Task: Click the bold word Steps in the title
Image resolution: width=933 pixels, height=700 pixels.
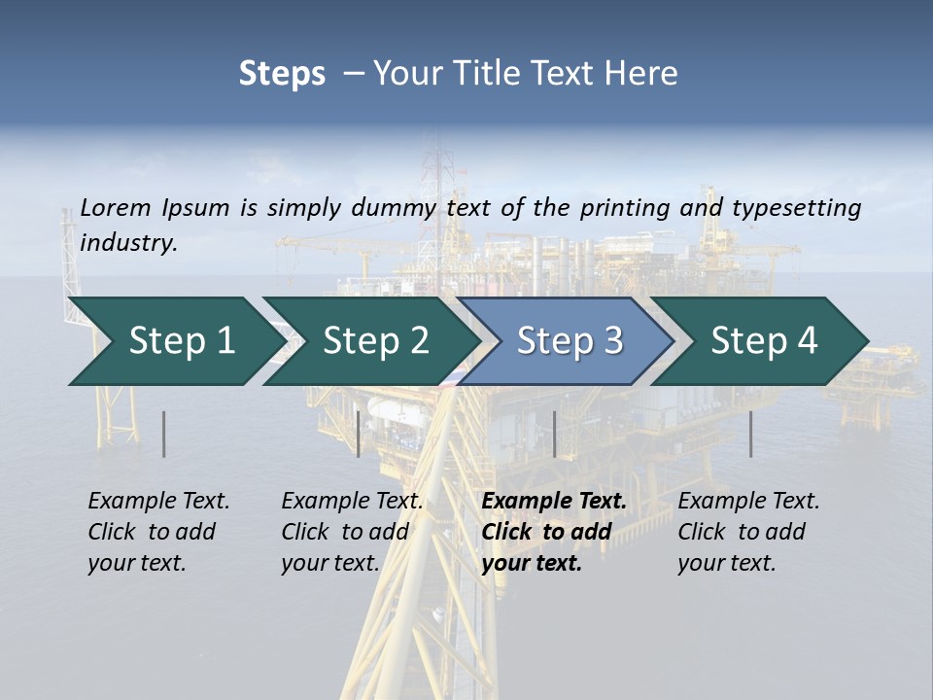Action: click(x=282, y=74)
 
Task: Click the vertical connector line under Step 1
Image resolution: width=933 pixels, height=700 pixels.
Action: click(x=164, y=434)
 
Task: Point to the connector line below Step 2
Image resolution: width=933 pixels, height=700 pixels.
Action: click(x=359, y=434)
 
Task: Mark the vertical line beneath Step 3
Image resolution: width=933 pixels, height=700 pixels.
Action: click(x=554, y=434)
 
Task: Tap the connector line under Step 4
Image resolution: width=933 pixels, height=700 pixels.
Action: click(x=751, y=434)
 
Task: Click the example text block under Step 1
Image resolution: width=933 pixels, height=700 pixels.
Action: click(x=158, y=532)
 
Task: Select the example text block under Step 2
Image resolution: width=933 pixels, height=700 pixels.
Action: click(x=352, y=532)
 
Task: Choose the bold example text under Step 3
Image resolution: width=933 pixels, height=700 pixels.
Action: click(x=554, y=532)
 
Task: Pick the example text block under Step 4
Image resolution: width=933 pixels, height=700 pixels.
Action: click(x=748, y=532)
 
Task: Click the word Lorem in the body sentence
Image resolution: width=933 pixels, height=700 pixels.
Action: click(x=116, y=207)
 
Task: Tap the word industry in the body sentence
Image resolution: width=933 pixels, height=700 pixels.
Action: click(x=128, y=243)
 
